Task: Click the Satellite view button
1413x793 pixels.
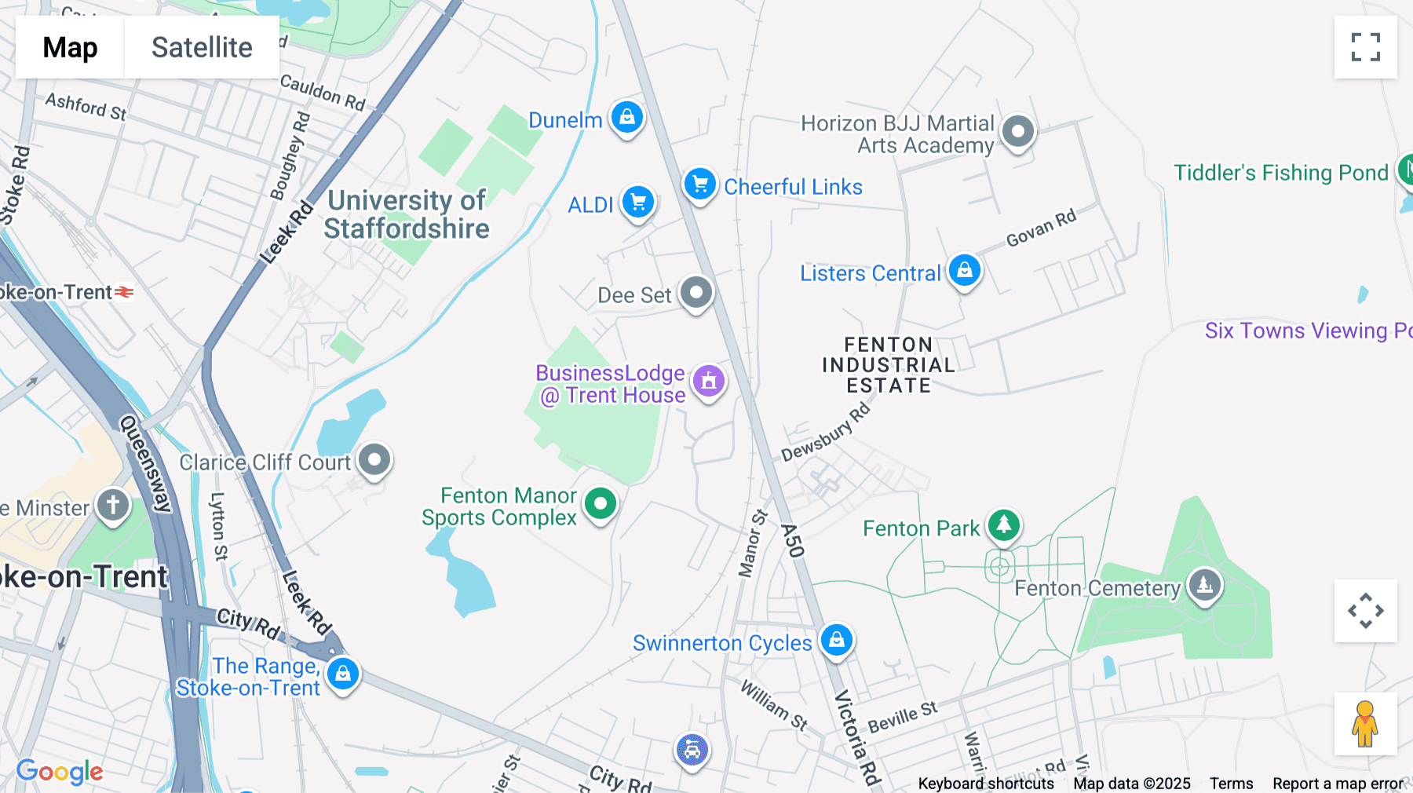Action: [202, 47]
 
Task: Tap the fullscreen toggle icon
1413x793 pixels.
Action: [1365, 47]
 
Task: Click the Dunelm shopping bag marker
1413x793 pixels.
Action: [626, 118]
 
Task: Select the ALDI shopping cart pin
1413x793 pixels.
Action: [638, 203]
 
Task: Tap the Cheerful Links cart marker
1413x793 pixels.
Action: [699, 185]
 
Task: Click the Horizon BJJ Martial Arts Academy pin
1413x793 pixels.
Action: [1018, 131]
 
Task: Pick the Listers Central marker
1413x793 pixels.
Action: [964, 271]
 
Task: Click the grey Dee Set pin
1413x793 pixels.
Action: [696, 293]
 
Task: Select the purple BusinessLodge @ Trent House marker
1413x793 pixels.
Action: [708, 382]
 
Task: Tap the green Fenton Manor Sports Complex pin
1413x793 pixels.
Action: [601, 503]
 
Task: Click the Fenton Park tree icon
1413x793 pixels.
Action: [1003, 525]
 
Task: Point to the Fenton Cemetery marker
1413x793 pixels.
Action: [1204, 585]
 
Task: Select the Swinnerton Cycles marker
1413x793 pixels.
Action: [836, 640]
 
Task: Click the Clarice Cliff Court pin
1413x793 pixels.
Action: [374, 459]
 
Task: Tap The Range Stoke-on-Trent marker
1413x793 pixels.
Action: [343, 674]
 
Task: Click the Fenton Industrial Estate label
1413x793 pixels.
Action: [888, 365]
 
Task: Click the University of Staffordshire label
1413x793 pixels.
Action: [407, 214]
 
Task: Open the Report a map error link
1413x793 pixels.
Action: [1338, 784]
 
